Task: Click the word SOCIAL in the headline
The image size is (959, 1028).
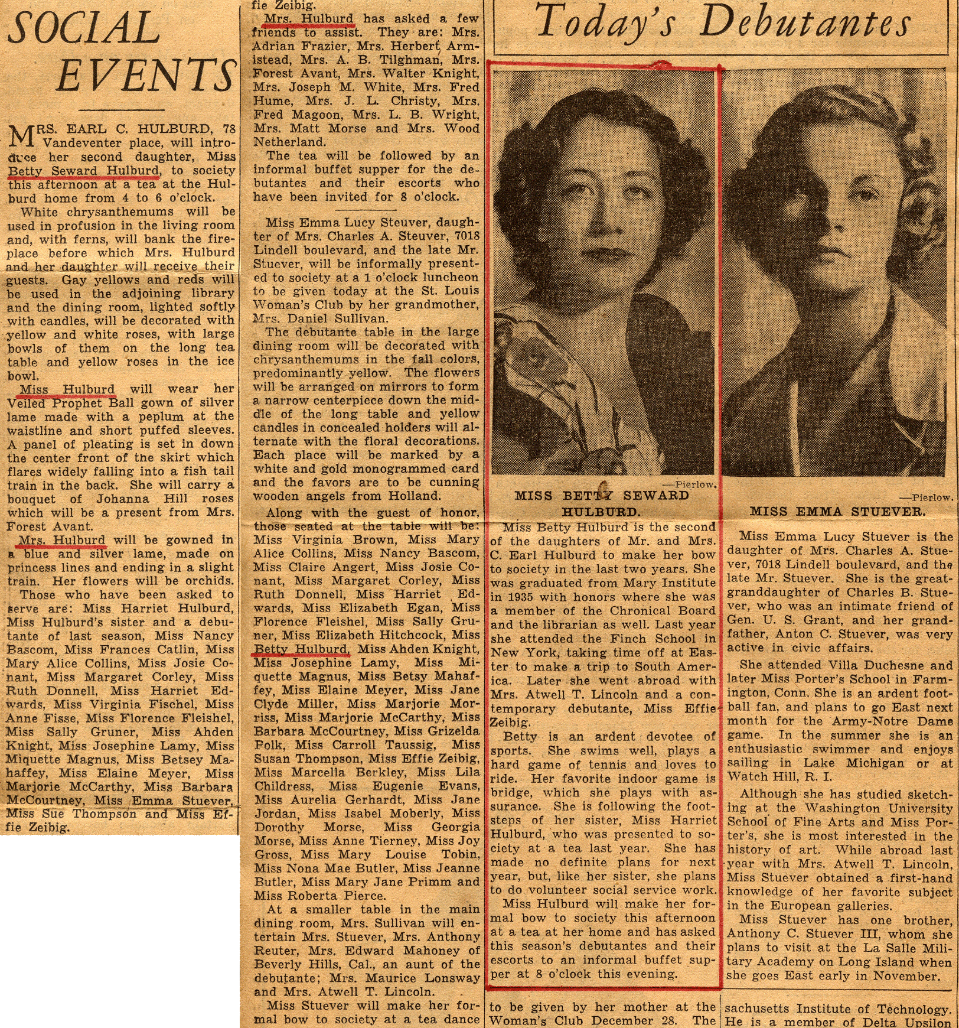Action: (84, 28)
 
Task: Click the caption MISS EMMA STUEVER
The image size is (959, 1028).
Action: (837, 512)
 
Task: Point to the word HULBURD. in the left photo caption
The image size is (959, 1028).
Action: (601, 512)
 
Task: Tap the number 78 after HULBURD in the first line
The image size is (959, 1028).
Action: (227, 129)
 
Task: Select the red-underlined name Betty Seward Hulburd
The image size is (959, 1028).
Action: (83, 171)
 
